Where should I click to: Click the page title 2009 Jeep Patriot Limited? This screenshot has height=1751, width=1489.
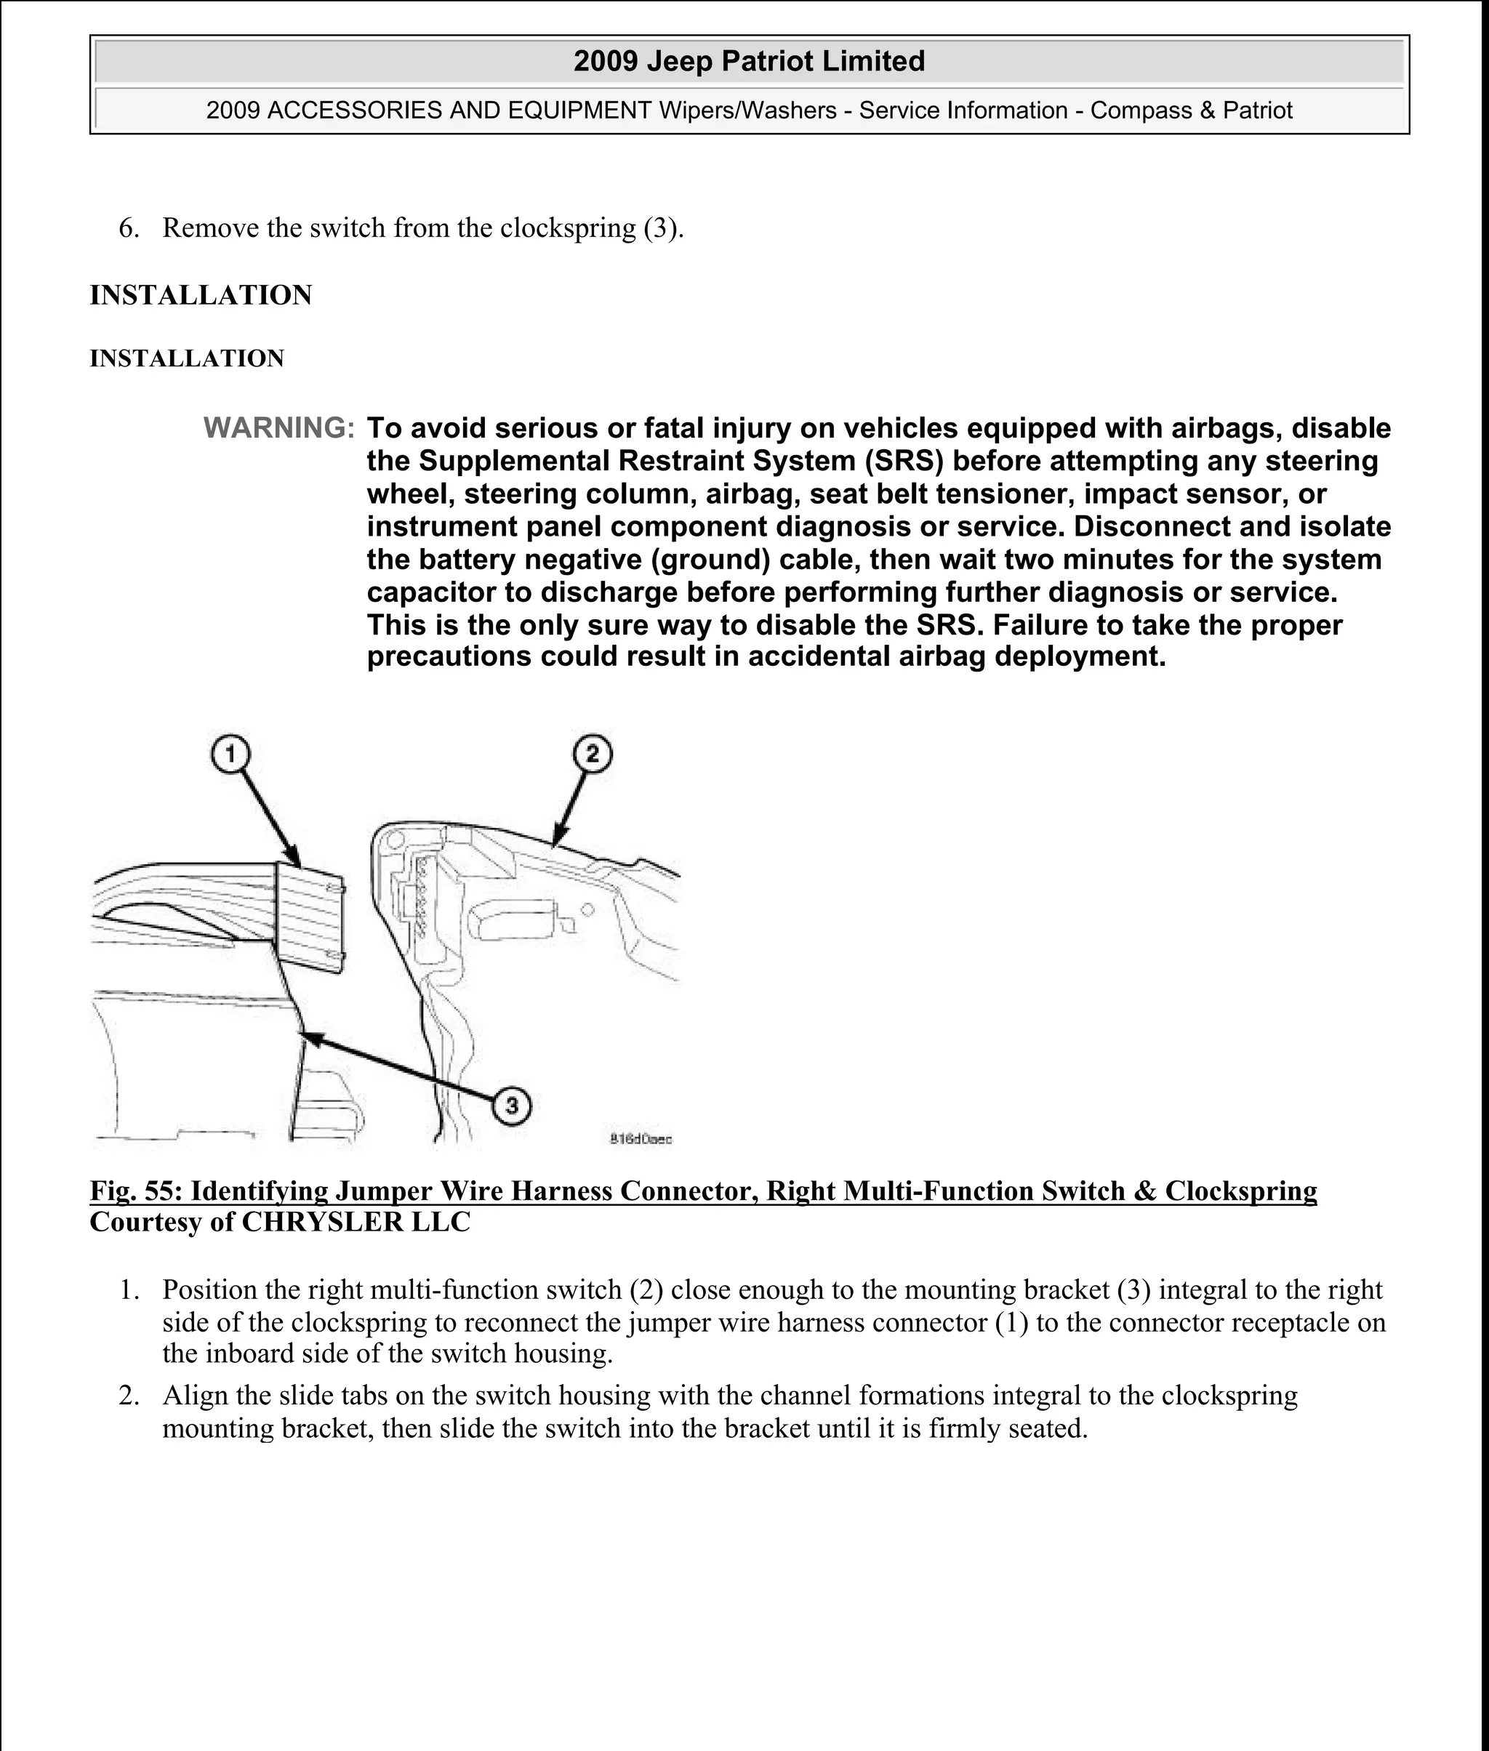pos(749,62)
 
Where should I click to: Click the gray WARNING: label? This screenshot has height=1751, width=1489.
pos(278,429)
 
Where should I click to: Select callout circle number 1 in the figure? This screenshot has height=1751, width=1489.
pos(230,754)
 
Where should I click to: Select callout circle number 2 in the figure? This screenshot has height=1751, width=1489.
pos(592,754)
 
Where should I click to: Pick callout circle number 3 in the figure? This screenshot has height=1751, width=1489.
pos(512,1105)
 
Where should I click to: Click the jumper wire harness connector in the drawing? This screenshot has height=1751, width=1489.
pos(310,918)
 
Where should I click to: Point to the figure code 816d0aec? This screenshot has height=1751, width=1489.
pos(641,1139)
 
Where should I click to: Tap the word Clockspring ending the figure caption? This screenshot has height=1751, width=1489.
pos(1240,1191)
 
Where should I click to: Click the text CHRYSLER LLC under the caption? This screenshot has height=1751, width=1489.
pos(356,1222)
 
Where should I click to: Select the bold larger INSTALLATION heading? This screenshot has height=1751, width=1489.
pos(201,295)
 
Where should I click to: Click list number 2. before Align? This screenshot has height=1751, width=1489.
pos(129,1396)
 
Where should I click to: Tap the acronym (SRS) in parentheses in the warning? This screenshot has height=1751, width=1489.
pos(902,462)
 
